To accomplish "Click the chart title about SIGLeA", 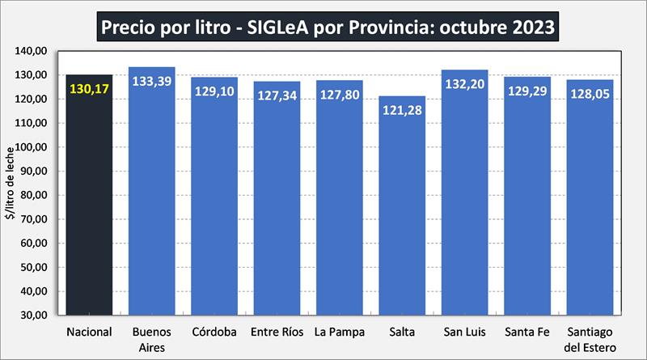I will pos(328,26).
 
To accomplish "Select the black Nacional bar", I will pos(89,202).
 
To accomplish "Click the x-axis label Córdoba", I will pos(214,332).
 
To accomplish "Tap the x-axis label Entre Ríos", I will pos(277,332).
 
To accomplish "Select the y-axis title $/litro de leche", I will pos(11,182).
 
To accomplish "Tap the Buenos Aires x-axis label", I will pos(151,338).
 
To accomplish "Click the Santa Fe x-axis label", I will pos(527,332).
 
